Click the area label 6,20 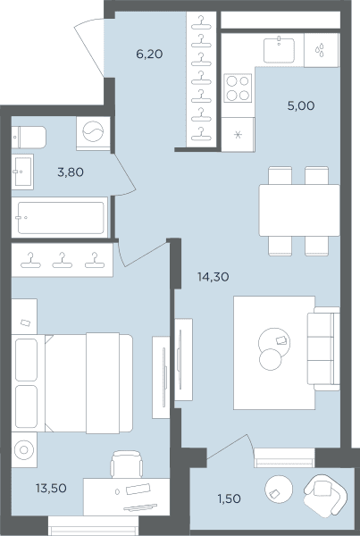149,54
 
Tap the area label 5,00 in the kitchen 301,106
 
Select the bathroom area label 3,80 71,172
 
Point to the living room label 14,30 213,277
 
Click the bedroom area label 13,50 51,488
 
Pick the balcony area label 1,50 229,498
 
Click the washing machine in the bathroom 93,133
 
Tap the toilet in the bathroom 29,138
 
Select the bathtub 60,217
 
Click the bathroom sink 22,172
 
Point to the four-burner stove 238,88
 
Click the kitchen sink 279,50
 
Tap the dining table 299,210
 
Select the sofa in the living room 323,348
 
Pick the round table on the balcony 279,490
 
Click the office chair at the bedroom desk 127,464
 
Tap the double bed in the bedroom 72,383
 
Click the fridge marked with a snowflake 238,134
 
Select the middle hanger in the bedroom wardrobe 63,260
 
